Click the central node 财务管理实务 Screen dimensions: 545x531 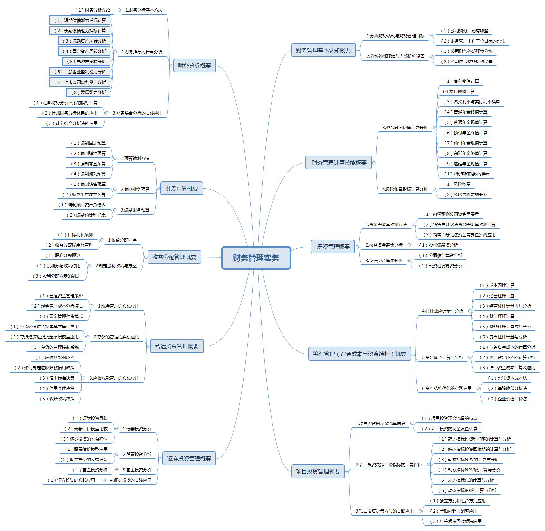pyautogui.click(x=256, y=258)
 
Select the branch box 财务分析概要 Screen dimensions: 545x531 pyautogui.click(x=195, y=66)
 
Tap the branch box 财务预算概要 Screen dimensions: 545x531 pyautogui.click(x=182, y=188)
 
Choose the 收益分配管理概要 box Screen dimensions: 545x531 pyautogui.click(x=174, y=257)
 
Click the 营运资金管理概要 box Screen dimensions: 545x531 pyautogui.click(x=177, y=346)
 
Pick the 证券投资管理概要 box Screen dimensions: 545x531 pyautogui.click(x=189, y=459)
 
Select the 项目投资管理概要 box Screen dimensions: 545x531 pyautogui.click(x=318, y=471)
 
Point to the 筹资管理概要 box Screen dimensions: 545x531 pyautogui.click(x=333, y=247)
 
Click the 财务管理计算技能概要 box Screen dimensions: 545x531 pyautogui.click(x=339, y=163)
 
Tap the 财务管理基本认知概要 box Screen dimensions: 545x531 pyautogui.click(x=323, y=50)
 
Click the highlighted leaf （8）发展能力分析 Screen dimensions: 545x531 pyautogui.click(x=88, y=92)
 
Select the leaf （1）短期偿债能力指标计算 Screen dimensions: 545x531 pyautogui.click(x=80, y=20)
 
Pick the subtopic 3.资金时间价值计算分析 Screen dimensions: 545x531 pyautogui.click(x=405, y=128)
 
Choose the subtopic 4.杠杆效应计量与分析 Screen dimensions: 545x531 pyautogui.click(x=442, y=311)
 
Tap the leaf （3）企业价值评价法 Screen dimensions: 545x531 pyautogui.click(x=507, y=399)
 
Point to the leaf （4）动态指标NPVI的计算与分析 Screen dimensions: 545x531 pyautogui.click(x=469, y=470)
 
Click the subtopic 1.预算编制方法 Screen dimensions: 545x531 pyautogui.click(x=135, y=158)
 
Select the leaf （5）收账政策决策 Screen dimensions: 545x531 pyautogui.click(x=57, y=399)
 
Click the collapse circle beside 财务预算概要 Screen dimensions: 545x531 pyautogui.click(x=158, y=189)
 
